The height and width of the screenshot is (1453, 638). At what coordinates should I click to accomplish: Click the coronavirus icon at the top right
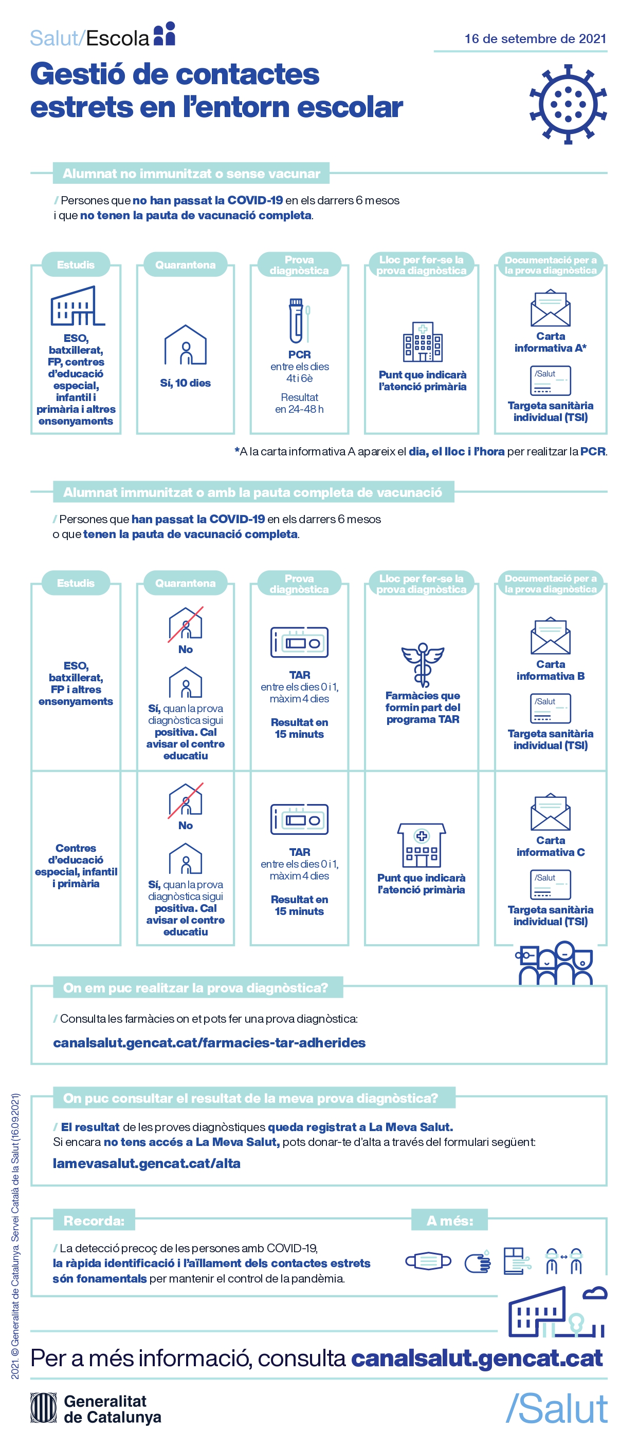click(x=568, y=104)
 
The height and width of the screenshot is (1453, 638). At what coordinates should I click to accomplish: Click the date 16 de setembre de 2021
click(x=535, y=39)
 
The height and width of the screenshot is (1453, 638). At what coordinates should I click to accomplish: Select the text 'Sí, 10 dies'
click(x=185, y=383)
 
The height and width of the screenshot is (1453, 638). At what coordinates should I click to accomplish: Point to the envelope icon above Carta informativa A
click(x=550, y=308)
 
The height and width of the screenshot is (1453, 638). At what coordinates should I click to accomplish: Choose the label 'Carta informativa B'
click(x=550, y=670)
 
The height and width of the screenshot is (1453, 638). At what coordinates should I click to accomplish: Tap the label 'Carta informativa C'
click(x=550, y=846)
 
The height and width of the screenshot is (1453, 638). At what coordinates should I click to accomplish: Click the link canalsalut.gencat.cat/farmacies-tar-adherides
click(x=209, y=1042)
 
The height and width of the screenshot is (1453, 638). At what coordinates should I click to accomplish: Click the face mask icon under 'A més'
click(x=428, y=1260)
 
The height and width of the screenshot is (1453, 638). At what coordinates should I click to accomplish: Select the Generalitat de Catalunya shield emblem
click(x=44, y=1408)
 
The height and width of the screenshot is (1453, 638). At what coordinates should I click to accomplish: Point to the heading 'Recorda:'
click(x=94, y=1220)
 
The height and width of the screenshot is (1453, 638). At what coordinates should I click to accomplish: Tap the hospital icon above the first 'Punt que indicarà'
click(x=422, y=342)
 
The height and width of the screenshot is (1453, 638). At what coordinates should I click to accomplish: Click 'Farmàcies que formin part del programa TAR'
click(x=422, y=708)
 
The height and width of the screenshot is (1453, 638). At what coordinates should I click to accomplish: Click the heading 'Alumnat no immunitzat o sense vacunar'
click(x=191, y=174)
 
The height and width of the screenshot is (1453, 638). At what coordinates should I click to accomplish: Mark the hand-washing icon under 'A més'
click(x=478, y=1262)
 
